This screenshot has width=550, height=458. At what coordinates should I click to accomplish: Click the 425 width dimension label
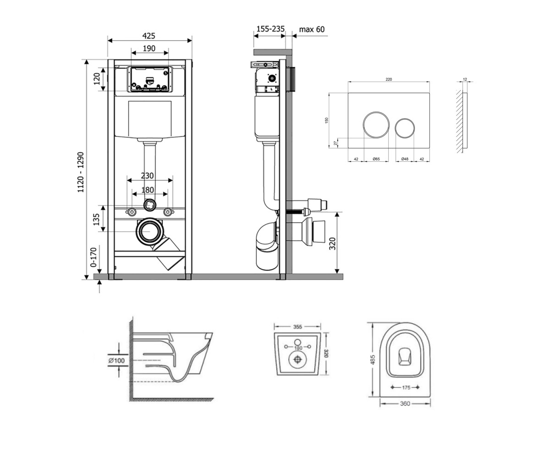tap(149, 36)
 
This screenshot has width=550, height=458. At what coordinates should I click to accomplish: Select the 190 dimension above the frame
tap(149, 49)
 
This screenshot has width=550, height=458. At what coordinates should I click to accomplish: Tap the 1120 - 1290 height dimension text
tap(81, 172)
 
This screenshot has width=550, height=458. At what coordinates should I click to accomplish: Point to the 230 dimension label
tap(147, 175)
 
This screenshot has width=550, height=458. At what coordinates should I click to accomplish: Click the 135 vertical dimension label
tap(96, 219)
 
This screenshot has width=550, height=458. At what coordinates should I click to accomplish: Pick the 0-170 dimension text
tap(93, 257)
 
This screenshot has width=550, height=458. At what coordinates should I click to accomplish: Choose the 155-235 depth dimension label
tap(270, 29)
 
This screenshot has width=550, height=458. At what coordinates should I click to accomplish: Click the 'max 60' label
tap(312, 29)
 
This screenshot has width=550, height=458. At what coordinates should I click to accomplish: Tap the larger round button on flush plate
tap(376, 125)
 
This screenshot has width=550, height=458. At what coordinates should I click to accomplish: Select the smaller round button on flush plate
tap(405, 128)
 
